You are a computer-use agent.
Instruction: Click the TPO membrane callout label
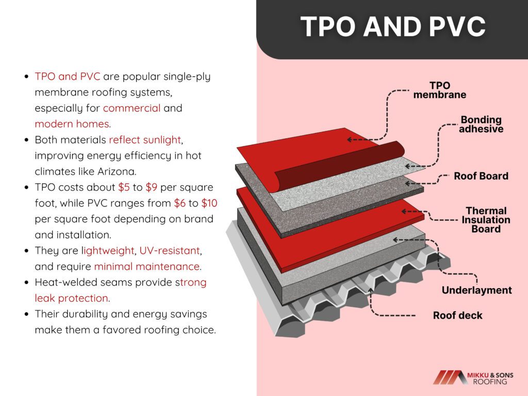point(439,90)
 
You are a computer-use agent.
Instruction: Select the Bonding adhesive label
point(481,124)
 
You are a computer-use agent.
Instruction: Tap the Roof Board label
point(481,176)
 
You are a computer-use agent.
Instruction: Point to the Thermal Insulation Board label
point(486,220)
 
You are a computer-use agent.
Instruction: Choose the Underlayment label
point(476,290)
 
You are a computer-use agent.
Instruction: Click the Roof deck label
point(458,315)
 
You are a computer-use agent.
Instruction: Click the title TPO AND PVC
point(393,26)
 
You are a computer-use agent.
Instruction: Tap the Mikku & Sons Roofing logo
point(473,377)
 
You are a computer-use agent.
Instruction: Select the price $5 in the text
point(124,187)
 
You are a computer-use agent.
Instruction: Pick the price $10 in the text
point(209,203)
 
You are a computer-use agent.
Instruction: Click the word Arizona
point(117,171)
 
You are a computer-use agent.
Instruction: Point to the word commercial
point(131,108)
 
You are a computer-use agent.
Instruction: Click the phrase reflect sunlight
point(145,140)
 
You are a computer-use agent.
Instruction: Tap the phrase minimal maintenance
point(147,267)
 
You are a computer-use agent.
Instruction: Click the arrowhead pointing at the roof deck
point(370,290)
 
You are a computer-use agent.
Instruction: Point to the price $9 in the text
point(152,187)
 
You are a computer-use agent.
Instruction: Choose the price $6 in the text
point(180,203)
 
